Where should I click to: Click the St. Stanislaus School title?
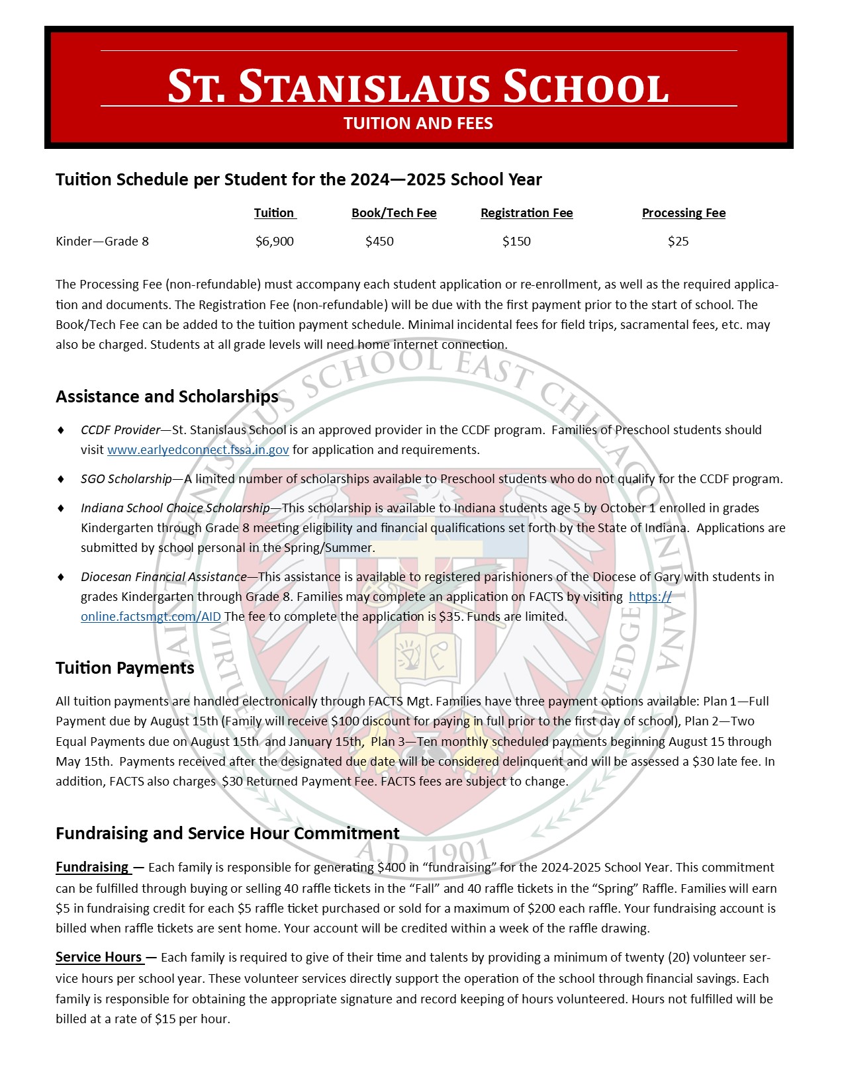tap(418, 86)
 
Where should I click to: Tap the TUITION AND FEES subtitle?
tap(418, 124)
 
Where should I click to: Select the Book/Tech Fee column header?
tap(394, 213)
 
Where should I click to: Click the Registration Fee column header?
tap(526, 213)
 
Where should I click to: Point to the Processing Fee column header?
tap(683, 213)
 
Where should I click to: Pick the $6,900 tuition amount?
tap(275, 242)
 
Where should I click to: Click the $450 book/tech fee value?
tap(379, 242)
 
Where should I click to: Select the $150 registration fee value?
tap(516, 242)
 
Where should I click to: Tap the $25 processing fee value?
tap(678, 242)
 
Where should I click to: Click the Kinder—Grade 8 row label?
tap(102, 242)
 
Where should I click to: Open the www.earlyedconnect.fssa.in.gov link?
tap(198, 450)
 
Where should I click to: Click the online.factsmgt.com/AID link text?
tap(151, 617)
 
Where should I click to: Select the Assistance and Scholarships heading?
tap(167, 396)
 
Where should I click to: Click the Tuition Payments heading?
tap(125, 668)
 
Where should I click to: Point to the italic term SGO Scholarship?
tap(126, 479)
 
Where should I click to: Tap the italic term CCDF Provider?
tap(120, 430)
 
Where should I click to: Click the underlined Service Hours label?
tap(99, 957)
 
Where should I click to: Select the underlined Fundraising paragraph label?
tap(93, 867)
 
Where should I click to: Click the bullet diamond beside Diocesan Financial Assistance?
tap(62, 577)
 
